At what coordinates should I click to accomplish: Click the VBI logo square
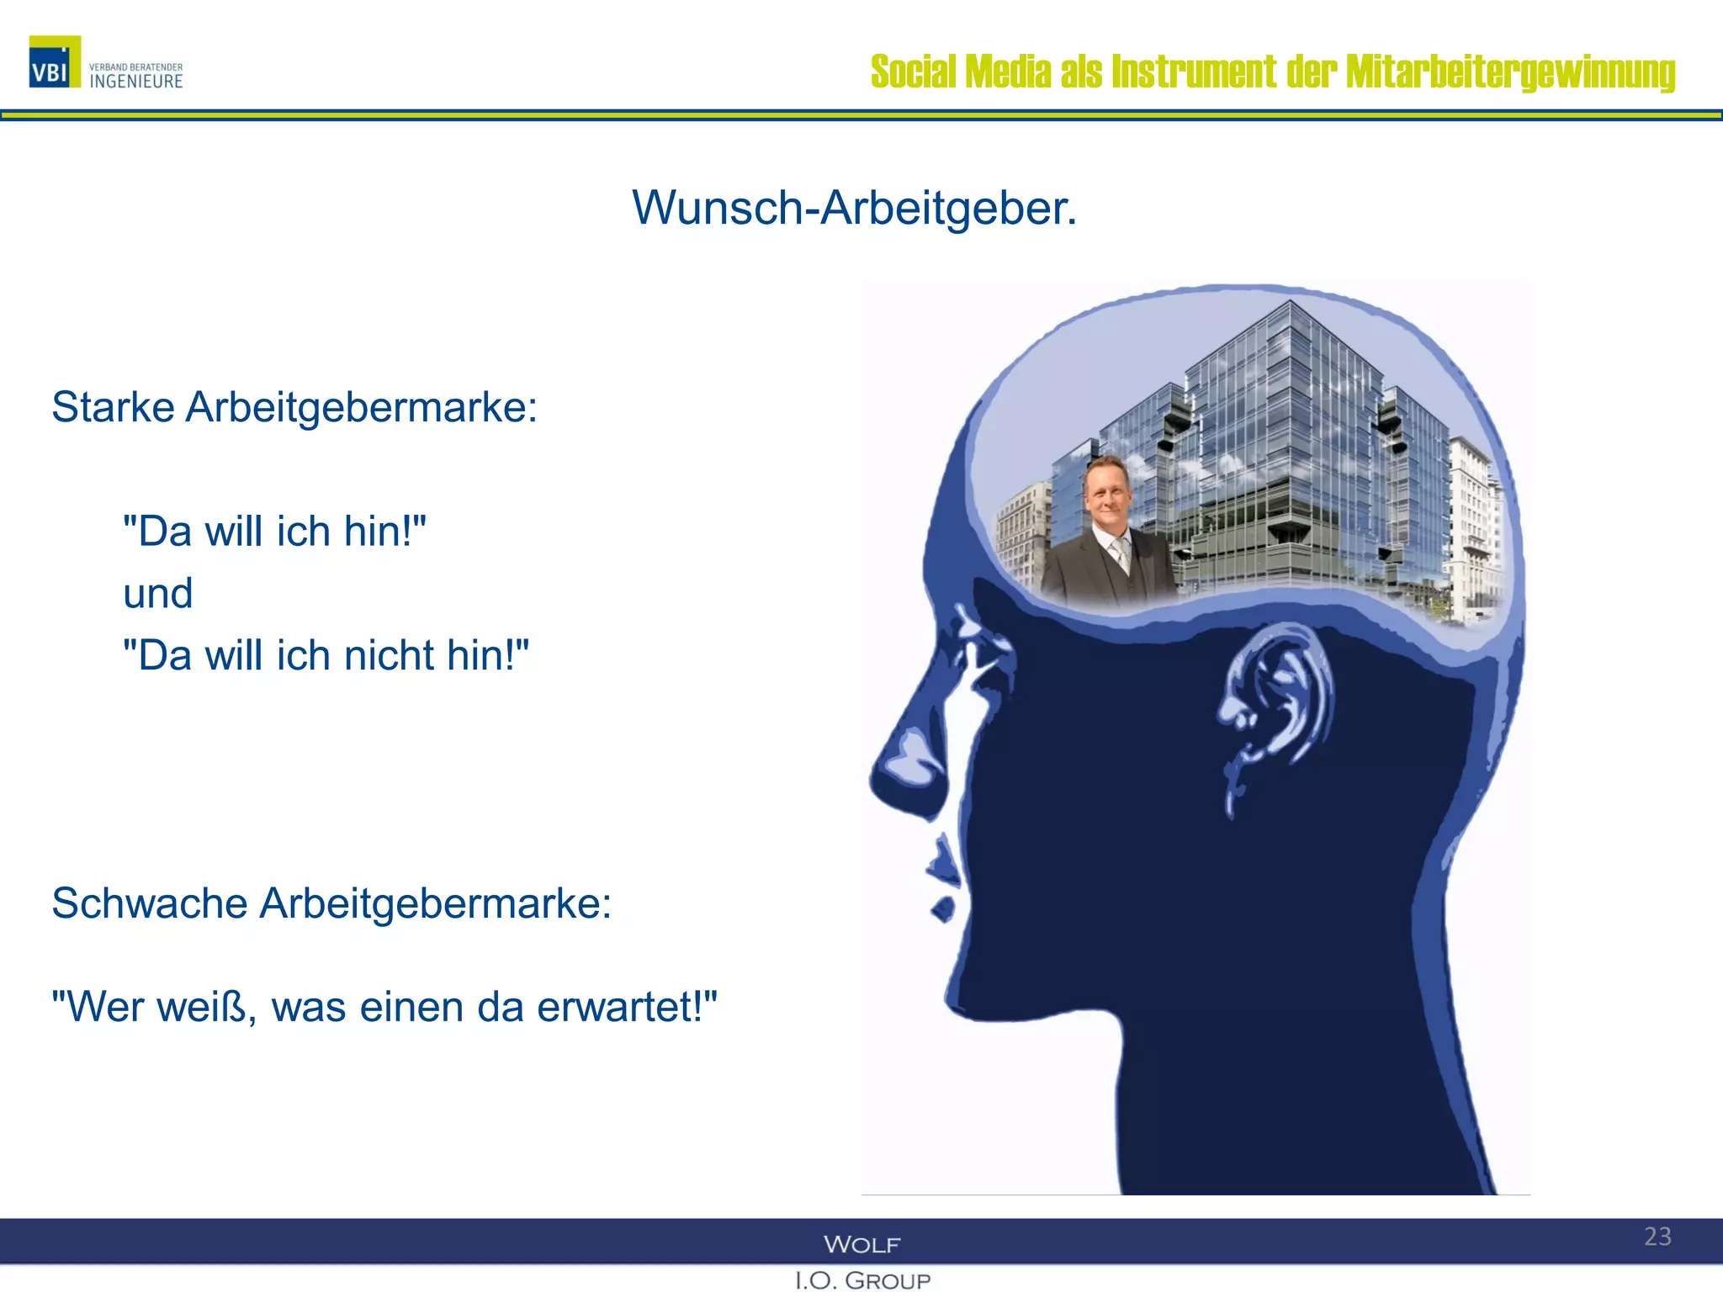[55, 62]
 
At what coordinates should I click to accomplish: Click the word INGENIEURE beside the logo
[136, 82]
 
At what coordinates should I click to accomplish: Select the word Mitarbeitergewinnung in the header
[1510, 71]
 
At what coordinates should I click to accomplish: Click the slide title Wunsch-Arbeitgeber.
[854, 207]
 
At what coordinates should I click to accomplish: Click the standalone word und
[158, 594]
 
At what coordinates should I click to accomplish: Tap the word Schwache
[150, 904]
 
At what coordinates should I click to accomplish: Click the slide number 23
[1657, 1236]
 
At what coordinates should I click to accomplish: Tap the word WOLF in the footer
[861, 1244]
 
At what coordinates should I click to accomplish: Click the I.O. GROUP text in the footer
[862, 1280]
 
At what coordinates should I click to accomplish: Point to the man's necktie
[1121, 553]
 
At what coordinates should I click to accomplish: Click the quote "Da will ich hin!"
[274, 532]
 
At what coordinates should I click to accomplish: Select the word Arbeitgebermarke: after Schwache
[435, 904]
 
